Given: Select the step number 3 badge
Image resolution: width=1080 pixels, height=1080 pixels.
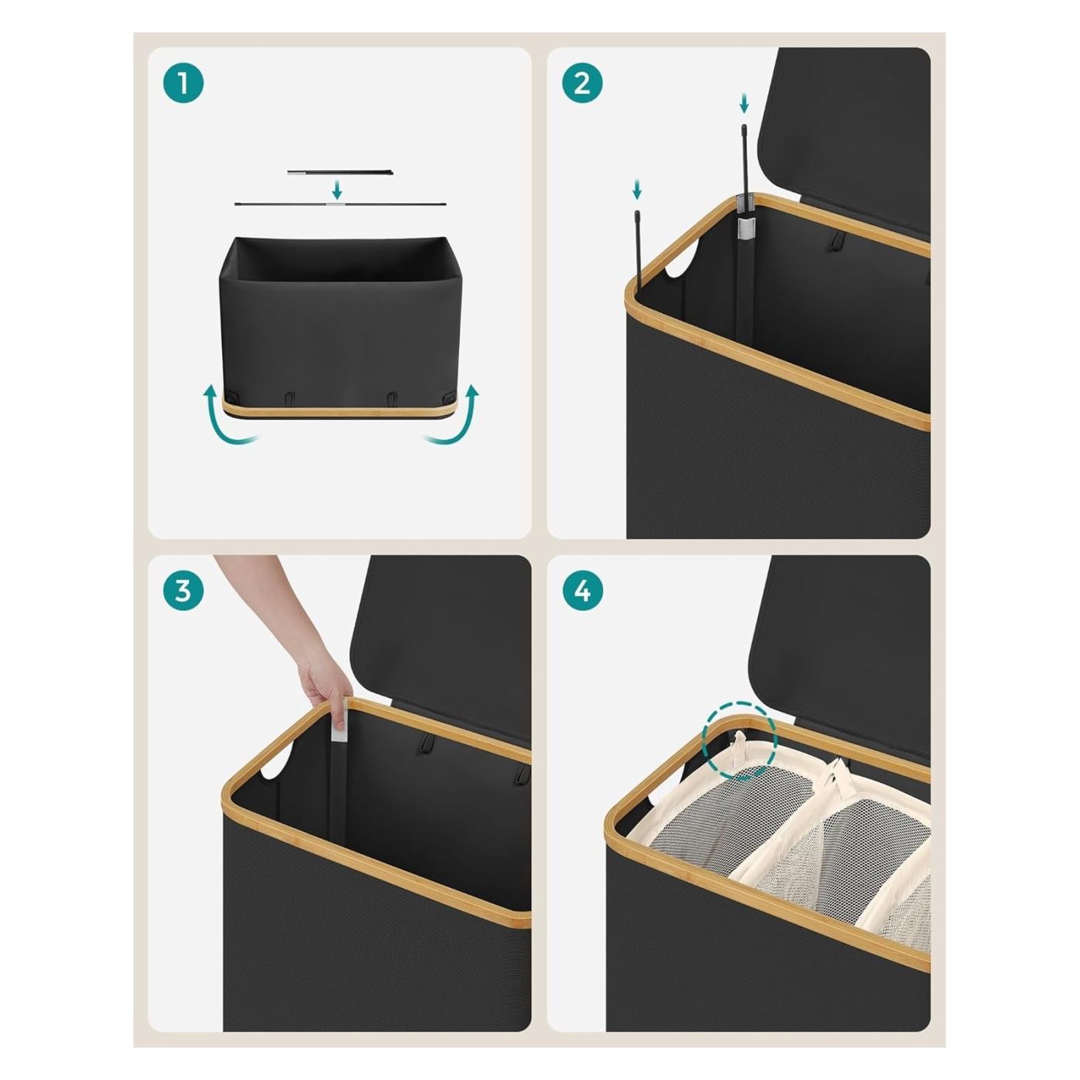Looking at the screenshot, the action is coord(184,590).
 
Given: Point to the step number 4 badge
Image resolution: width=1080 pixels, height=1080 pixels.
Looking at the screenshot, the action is coord(582,590).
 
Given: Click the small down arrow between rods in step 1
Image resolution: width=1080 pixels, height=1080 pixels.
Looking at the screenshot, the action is coord(337,189).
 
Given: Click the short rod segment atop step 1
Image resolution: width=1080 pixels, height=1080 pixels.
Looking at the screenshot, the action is coord(340,173).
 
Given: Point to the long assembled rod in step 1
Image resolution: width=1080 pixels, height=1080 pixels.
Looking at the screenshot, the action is coord(340,204).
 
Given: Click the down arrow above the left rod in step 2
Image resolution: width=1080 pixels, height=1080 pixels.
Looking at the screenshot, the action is coord(636,189).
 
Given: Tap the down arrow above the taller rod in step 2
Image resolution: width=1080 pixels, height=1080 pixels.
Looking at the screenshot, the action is coord(744,103).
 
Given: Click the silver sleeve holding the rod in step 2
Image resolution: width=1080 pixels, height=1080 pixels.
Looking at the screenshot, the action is coord(747,228).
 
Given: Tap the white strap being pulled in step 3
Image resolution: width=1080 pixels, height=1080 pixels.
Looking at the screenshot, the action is coord(340,724).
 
